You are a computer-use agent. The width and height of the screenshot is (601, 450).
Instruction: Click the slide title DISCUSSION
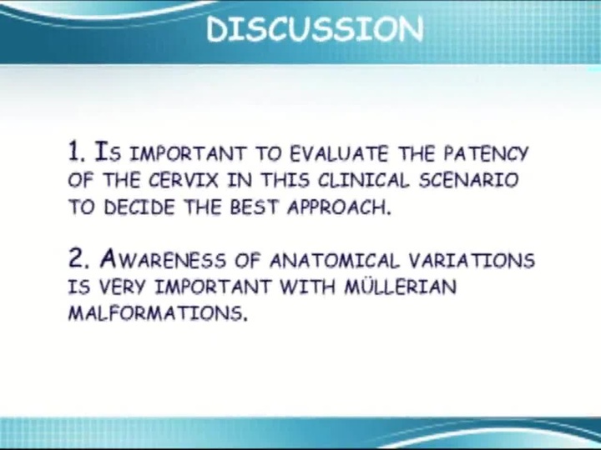(x=315, y=29)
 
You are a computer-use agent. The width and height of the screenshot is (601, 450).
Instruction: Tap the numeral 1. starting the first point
(x=78, y=152)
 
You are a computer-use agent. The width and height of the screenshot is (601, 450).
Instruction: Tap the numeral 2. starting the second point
(x=78, y=259)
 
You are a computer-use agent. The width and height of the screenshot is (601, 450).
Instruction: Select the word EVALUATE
(x=340, y=153)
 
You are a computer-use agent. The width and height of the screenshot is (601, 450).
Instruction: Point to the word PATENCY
(x=486, y=153)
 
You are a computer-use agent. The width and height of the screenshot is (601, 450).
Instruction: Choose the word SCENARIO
(x=471, y=180)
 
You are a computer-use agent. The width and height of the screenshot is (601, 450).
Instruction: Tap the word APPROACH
(x=338, y=207)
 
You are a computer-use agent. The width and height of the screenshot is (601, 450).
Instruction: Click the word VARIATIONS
(x=472, y=260)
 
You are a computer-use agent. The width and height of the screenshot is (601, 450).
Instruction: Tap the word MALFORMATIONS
(x=157, y=315)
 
